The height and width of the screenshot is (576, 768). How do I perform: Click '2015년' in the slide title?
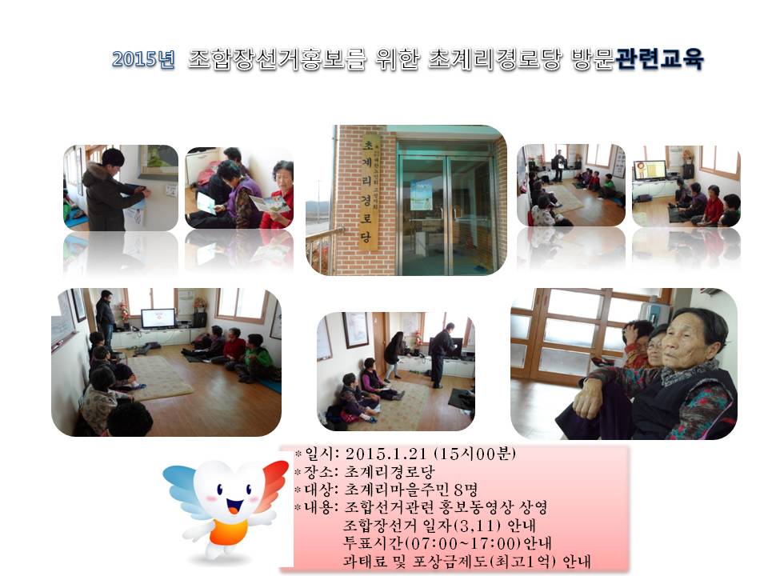pyautogui.click(x=143, y=60)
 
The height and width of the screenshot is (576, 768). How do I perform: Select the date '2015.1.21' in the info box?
pyautogui.click(x=387, y=454)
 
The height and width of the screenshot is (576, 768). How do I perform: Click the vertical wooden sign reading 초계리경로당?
pyautogui.click(x=370, y=192)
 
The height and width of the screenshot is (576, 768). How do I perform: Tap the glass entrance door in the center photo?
pyautogui.click(x=444, y=208)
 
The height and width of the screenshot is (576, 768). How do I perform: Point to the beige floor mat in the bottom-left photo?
pyautogui.click(x=161, y=376)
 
